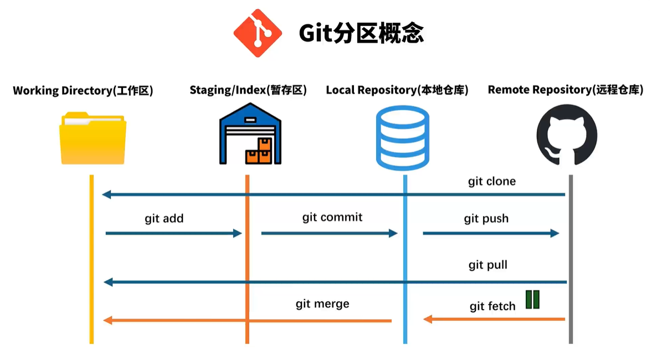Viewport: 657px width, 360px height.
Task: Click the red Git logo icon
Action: pos(258,33)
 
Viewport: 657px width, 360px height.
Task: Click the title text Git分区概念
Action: pos(361,33)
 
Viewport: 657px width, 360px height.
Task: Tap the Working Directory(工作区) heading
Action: pos(83,90)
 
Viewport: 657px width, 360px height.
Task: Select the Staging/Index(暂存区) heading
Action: pos(248,90)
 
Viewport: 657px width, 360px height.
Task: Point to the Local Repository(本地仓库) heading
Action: pos(397,90)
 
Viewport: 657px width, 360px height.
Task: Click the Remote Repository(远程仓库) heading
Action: pos(565,90)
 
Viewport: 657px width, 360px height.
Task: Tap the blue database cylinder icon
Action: pos(402,138)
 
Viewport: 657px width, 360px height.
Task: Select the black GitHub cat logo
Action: pos(567,136)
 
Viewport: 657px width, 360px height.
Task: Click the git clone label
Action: pos(492,182)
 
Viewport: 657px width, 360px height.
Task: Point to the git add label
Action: pos(164,219)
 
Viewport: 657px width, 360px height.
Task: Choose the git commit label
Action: pos(332,217)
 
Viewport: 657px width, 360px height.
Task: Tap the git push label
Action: pos(486,219)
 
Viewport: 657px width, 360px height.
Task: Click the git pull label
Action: pos(487,265)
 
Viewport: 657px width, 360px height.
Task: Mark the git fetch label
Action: pos(492,306)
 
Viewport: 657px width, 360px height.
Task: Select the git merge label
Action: pos(322,304)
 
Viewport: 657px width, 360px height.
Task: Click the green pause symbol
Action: pos(532,299)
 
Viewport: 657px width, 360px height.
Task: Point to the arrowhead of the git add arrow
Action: pos(239,234)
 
